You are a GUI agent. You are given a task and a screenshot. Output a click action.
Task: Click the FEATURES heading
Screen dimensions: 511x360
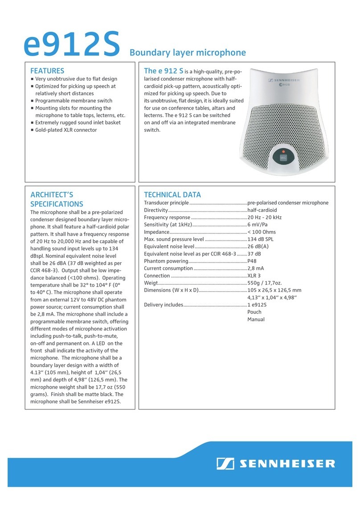pos(47,71)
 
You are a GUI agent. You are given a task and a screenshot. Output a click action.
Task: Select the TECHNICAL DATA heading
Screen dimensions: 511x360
pos(172,195)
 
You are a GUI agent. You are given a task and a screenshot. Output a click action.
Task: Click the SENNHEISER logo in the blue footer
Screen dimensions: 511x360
pos(275,463)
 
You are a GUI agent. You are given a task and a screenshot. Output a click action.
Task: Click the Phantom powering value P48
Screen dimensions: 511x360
pos(252,261)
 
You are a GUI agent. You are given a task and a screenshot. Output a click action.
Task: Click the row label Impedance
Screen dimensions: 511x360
pos(156,232)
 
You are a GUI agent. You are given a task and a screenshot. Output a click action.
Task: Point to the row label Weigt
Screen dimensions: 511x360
pos(151,283)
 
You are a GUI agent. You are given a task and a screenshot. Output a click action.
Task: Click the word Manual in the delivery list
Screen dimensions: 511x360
pos(256,320)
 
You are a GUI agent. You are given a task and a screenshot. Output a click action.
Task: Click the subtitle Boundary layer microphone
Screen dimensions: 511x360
pos(187,53)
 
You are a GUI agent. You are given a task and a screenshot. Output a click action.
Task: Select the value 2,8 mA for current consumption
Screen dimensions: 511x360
pos(256,268)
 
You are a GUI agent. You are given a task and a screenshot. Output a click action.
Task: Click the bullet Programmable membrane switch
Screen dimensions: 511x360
pos(74,101)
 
